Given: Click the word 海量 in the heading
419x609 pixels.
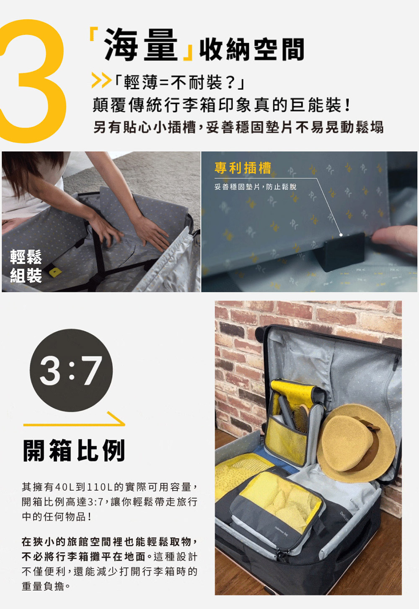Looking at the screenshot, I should (141, 45).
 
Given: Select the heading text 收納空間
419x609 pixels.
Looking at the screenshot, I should (251, 50).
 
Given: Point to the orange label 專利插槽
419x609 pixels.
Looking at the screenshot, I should (243, 168).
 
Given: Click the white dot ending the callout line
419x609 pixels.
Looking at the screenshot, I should (341, 235).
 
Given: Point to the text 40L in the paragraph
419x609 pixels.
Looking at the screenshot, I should (65, 487).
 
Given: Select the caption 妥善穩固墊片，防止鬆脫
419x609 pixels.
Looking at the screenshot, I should (255, 187).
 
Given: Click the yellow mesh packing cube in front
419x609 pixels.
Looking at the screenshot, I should (279, 503).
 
